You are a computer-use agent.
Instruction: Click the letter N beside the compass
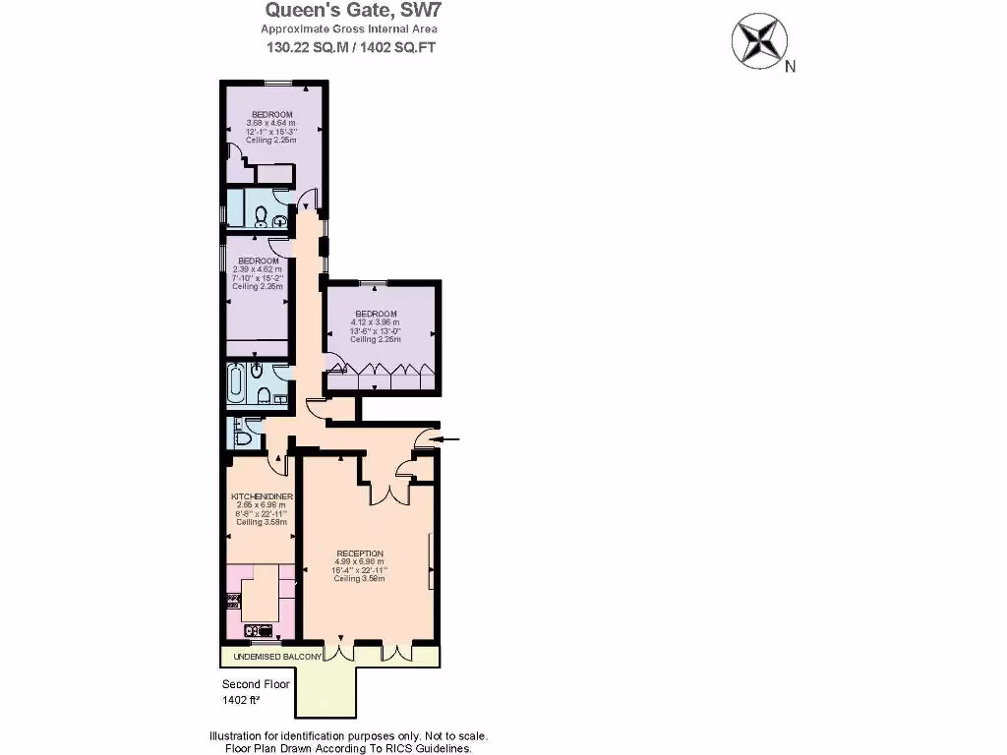pos(790,67)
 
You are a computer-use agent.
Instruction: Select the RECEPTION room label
pos(359,553)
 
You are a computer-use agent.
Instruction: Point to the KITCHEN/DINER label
pos(262,497)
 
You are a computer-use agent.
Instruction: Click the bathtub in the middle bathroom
pos(236,383)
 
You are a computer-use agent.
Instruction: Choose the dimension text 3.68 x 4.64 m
pos(269,123)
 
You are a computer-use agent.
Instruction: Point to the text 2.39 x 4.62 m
pos(258,269)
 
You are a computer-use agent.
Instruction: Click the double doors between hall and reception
pos(397,494)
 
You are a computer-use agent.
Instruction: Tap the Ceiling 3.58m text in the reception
pos(359,579)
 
